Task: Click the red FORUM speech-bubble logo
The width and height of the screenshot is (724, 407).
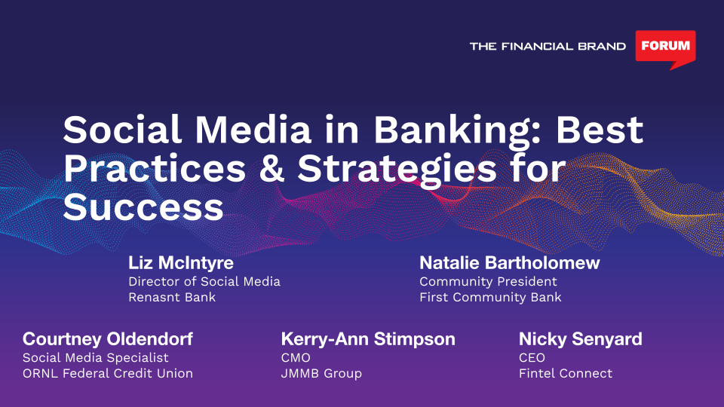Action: click(665, 48)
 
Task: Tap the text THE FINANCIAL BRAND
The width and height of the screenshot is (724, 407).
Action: click(548, 46)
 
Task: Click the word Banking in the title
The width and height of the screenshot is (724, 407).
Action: click(456, 130)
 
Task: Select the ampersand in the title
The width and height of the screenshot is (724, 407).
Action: click(271, 168)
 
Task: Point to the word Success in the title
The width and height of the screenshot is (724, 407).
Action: click(143, 207)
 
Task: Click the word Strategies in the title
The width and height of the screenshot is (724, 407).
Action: click(397, 170)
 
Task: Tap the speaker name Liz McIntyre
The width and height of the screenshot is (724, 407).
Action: click(181, 262)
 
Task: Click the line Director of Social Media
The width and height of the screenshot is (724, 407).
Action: click(204, 281)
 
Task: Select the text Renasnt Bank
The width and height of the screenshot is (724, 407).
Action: click(172, 297)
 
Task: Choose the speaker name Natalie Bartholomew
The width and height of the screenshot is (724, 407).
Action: click(509, 262)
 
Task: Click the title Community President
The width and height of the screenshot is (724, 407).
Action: click(488, 281)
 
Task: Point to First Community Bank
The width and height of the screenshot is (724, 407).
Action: click(490, 297)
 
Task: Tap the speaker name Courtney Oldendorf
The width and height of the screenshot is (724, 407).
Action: click(108, 339)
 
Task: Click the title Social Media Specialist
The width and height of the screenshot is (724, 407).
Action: click(96, 357)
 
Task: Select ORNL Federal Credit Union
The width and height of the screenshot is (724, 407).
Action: click(108, 373)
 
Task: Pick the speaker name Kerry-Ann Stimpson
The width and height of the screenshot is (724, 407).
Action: click(368, 339)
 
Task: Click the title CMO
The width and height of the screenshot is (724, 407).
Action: click(296, 357)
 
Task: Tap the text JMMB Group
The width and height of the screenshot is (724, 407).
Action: click(321, 373)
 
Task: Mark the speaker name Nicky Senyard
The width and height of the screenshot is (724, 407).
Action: click(581, 339)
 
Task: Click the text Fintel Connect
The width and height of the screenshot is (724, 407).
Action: click(566, 373)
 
